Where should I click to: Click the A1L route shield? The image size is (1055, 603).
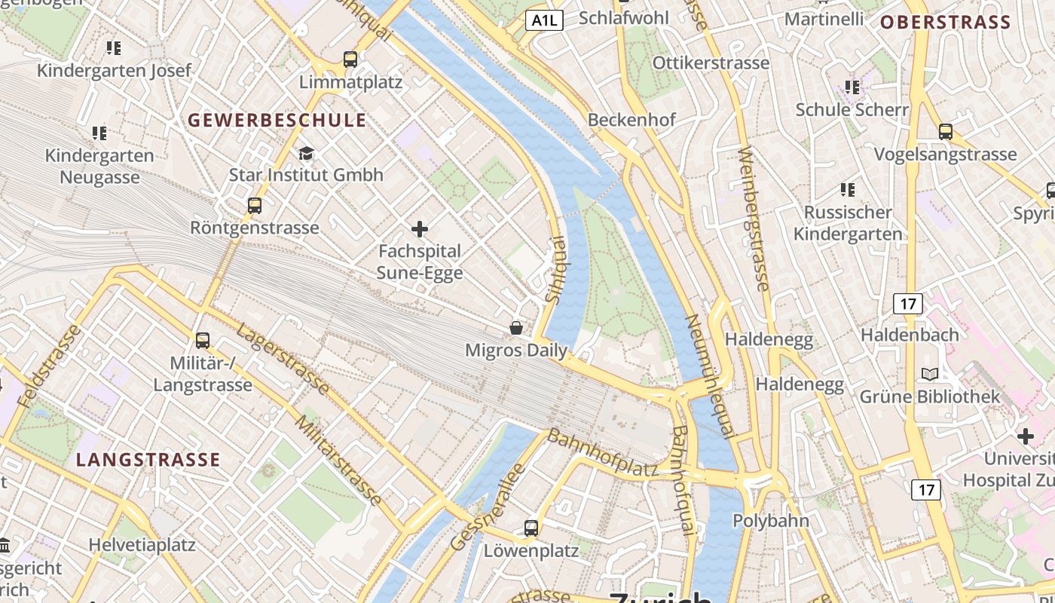544,20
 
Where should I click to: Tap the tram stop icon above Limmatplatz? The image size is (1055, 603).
350,59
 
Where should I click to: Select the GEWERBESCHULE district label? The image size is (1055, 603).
277,120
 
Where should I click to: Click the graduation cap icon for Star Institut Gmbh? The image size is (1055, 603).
306,154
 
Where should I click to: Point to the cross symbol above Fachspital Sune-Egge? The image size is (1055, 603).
420,229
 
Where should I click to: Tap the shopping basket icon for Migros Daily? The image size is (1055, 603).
516,328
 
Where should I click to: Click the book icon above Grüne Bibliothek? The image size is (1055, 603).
930,374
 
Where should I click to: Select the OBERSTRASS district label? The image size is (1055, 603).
945,23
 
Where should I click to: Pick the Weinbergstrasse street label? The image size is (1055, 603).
754,219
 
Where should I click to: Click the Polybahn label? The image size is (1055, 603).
771,521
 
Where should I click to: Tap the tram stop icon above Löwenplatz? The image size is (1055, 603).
531,528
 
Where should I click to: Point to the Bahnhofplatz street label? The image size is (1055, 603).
602,453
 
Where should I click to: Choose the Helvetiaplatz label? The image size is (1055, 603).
142,544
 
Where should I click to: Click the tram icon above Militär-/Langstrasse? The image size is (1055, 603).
202,340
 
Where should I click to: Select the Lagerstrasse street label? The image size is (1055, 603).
283,360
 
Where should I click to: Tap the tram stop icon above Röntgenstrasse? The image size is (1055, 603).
255,205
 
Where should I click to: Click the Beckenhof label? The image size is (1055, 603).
631,120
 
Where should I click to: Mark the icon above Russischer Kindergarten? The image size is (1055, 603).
848,190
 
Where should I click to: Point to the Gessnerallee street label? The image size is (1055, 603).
488,507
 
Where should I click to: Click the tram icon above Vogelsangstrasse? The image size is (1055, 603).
946,132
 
